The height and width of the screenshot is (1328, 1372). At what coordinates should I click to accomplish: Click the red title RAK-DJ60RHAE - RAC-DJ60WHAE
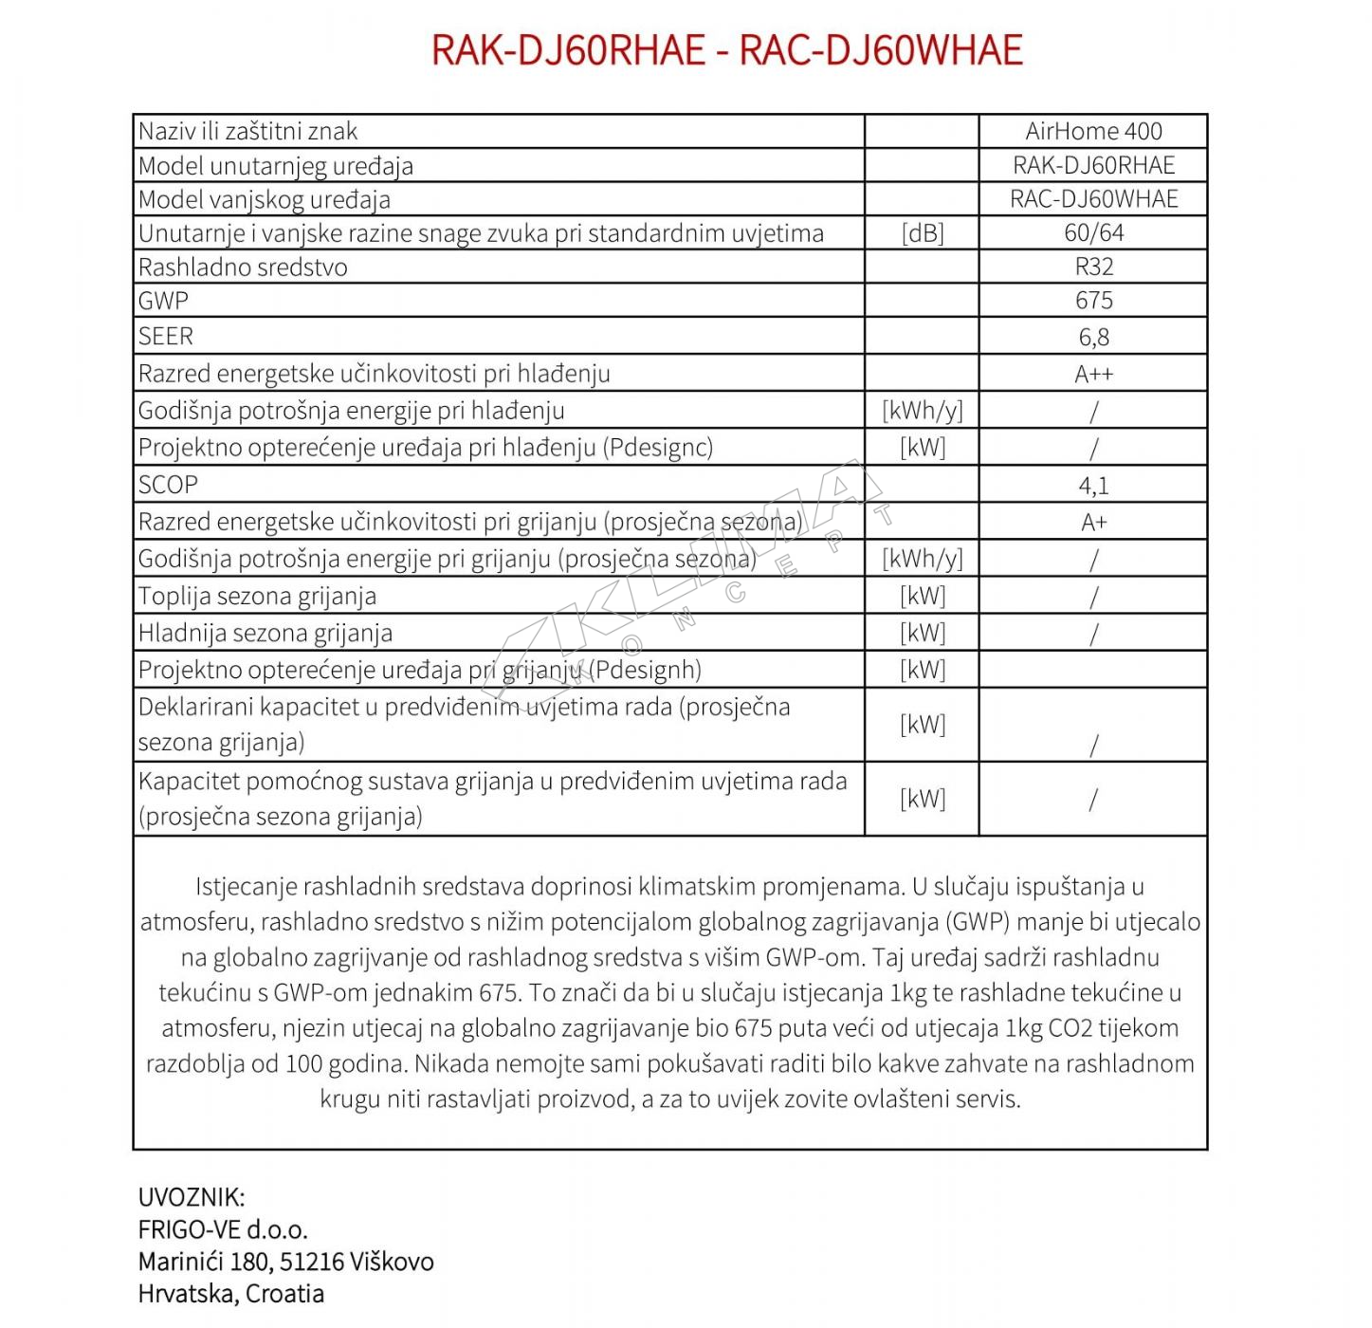(726, 50)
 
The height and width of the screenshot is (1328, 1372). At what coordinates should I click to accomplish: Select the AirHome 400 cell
(1093, 131)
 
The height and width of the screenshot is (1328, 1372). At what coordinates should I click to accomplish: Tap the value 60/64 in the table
(1093, 232)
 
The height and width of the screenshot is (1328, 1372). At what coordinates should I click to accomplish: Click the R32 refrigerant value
(1093, 267)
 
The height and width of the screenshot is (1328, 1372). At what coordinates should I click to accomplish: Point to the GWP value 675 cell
(1093, 301)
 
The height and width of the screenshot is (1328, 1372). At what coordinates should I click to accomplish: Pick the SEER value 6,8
(1093, 337)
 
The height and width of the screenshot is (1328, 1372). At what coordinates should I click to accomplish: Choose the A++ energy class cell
(1093, 374)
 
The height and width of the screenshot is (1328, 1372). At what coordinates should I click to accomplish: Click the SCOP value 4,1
(1093, 486)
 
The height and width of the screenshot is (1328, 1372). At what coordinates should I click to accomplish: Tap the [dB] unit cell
(922, 233)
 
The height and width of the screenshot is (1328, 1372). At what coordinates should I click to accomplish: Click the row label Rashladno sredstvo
(243, 267)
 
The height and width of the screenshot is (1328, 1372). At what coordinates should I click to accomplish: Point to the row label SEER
(166, 337)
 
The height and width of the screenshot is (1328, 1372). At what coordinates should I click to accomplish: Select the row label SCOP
(169, 485)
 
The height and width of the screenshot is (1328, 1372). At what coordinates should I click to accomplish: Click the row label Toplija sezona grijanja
(257, 597)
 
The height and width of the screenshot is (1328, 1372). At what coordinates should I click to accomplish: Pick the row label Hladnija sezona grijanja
(265, 634)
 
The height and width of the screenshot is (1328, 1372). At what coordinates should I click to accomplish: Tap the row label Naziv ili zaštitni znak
(248, 132)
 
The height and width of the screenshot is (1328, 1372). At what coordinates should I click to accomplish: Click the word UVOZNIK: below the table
(192, 1197)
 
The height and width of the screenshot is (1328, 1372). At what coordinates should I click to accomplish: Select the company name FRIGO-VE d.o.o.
(223, 1230)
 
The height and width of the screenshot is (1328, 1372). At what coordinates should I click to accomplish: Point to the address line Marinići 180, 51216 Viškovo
(285, 1262)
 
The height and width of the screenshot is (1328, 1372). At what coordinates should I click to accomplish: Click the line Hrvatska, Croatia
(230, 1294)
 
